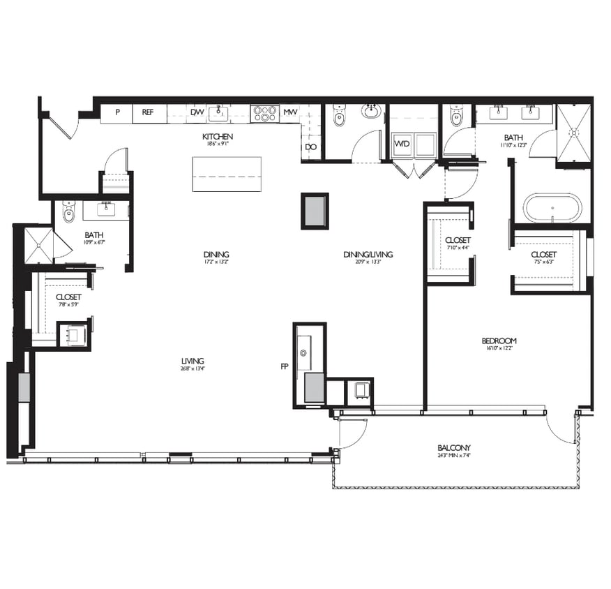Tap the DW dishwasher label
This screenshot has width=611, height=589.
tap(197, 112)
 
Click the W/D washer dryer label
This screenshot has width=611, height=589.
tap(402, 144)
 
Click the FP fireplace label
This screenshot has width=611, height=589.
tap(284, 365)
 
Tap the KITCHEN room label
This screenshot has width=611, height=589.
tap(218, 136)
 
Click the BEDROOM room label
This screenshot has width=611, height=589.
tap(499, 341)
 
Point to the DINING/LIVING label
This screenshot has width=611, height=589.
tap(368, 254)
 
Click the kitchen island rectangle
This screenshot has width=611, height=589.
tap(227, 174)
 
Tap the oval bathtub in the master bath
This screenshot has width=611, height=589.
tap(552, 207)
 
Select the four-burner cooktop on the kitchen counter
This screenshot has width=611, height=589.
tap(265, 112)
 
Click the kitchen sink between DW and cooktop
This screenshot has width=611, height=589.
tap(219, 113)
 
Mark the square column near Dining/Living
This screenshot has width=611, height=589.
tap(315, 210)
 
